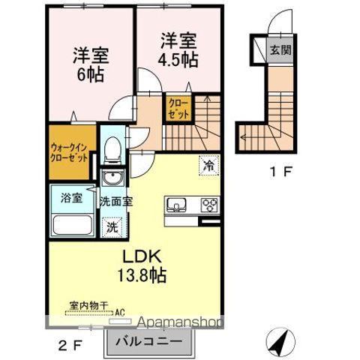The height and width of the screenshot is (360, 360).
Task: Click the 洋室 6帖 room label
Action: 91,64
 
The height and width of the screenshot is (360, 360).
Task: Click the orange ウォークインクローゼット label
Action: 70,154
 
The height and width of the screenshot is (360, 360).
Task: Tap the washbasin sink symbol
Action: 112,179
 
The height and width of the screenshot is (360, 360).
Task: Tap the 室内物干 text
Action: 84,307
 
